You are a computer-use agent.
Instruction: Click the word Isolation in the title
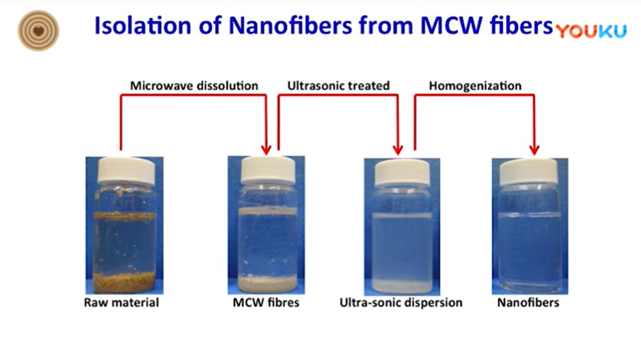(143, 25)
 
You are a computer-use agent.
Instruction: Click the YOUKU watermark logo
(591, 31)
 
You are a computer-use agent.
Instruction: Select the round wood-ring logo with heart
(38, 31)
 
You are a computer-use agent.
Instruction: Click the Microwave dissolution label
(194, 86)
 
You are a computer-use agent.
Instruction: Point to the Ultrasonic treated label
(339, 86)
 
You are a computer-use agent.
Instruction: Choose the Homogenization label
(475, 86)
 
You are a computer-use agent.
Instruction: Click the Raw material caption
(121, 302)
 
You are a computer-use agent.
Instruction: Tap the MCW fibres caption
(266, 302)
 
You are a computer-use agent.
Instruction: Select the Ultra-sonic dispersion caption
(401, 302)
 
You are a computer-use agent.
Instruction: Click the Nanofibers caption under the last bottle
(528, 302)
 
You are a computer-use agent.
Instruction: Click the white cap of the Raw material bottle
(126, 171)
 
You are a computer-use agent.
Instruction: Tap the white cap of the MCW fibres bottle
(268, 170)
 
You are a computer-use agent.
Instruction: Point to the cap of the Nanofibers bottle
(529, 172)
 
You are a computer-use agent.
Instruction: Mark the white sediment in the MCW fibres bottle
(268, 283)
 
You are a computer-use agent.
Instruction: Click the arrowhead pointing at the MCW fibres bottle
(266, 150)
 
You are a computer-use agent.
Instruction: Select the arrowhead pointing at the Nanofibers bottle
(534, 150)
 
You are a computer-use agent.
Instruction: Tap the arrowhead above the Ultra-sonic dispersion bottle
(398, 150)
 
